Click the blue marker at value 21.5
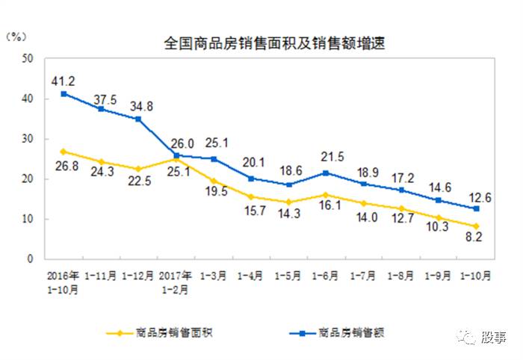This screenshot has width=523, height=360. [325, 173]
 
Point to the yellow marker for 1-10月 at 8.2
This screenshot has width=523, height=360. [475, 226]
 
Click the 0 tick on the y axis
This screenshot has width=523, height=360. [31, 259]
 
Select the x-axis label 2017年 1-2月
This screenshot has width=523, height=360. [176, 281]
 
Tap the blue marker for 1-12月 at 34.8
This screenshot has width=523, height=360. [138, 119]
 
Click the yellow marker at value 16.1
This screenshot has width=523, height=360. [325, 195]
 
